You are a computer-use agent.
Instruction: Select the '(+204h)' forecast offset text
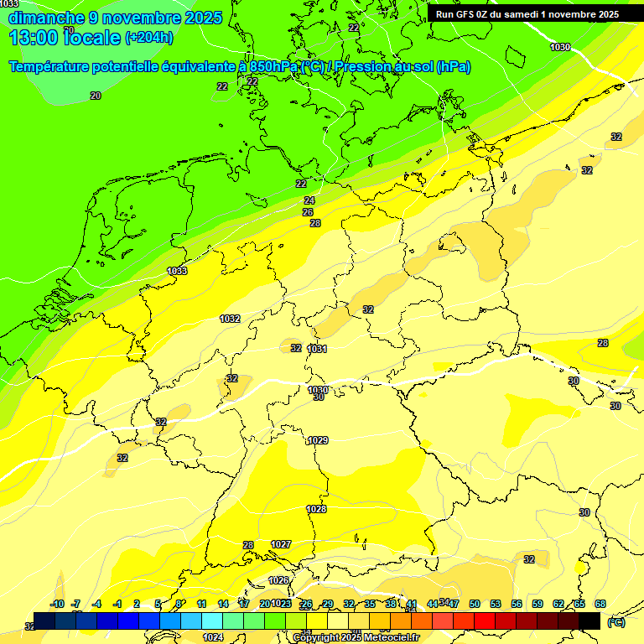148,37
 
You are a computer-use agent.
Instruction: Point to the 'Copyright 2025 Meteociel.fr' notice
356,638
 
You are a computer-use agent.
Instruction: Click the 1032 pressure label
230,319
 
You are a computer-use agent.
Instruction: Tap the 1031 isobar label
317,349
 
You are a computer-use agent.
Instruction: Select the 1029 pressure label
318,440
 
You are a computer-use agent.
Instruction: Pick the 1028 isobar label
316,509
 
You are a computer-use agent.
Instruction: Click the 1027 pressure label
281,544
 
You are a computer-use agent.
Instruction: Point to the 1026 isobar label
278,580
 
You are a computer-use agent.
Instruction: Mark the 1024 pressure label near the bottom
213,637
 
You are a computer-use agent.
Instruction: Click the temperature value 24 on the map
309,200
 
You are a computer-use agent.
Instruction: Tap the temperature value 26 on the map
308,212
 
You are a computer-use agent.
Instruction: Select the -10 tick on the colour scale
57,604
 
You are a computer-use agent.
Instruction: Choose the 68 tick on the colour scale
600,604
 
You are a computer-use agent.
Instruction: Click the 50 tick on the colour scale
475,604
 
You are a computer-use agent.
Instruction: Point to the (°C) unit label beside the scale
615,622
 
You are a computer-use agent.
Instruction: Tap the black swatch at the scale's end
589,621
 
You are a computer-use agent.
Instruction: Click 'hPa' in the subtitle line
453,67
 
